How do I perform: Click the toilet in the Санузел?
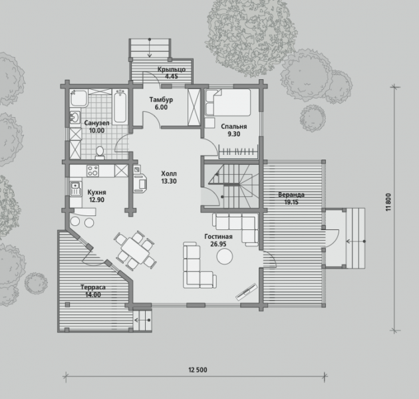point(100,153)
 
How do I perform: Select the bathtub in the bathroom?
point(120,106)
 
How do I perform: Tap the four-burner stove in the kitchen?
point(92,171)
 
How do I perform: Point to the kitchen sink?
point(76,189)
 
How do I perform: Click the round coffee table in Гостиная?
point(225,256)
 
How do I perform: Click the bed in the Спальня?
point(227,102)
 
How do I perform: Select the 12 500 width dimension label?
point(198,370)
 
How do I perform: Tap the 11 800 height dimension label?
point(388,202)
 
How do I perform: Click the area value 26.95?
point(218,244)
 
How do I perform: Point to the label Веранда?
point(291,195)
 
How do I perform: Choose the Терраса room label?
point(93,287)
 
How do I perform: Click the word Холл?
point(169,174)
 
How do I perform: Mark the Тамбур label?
point(161,100)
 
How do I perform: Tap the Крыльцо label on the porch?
point(172,69)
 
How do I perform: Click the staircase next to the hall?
point(231,186)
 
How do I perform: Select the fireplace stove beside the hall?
point(140,179)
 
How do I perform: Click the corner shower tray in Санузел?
point(79,98)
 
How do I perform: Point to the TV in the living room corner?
point(246,292)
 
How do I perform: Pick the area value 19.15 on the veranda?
point(291,202)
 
